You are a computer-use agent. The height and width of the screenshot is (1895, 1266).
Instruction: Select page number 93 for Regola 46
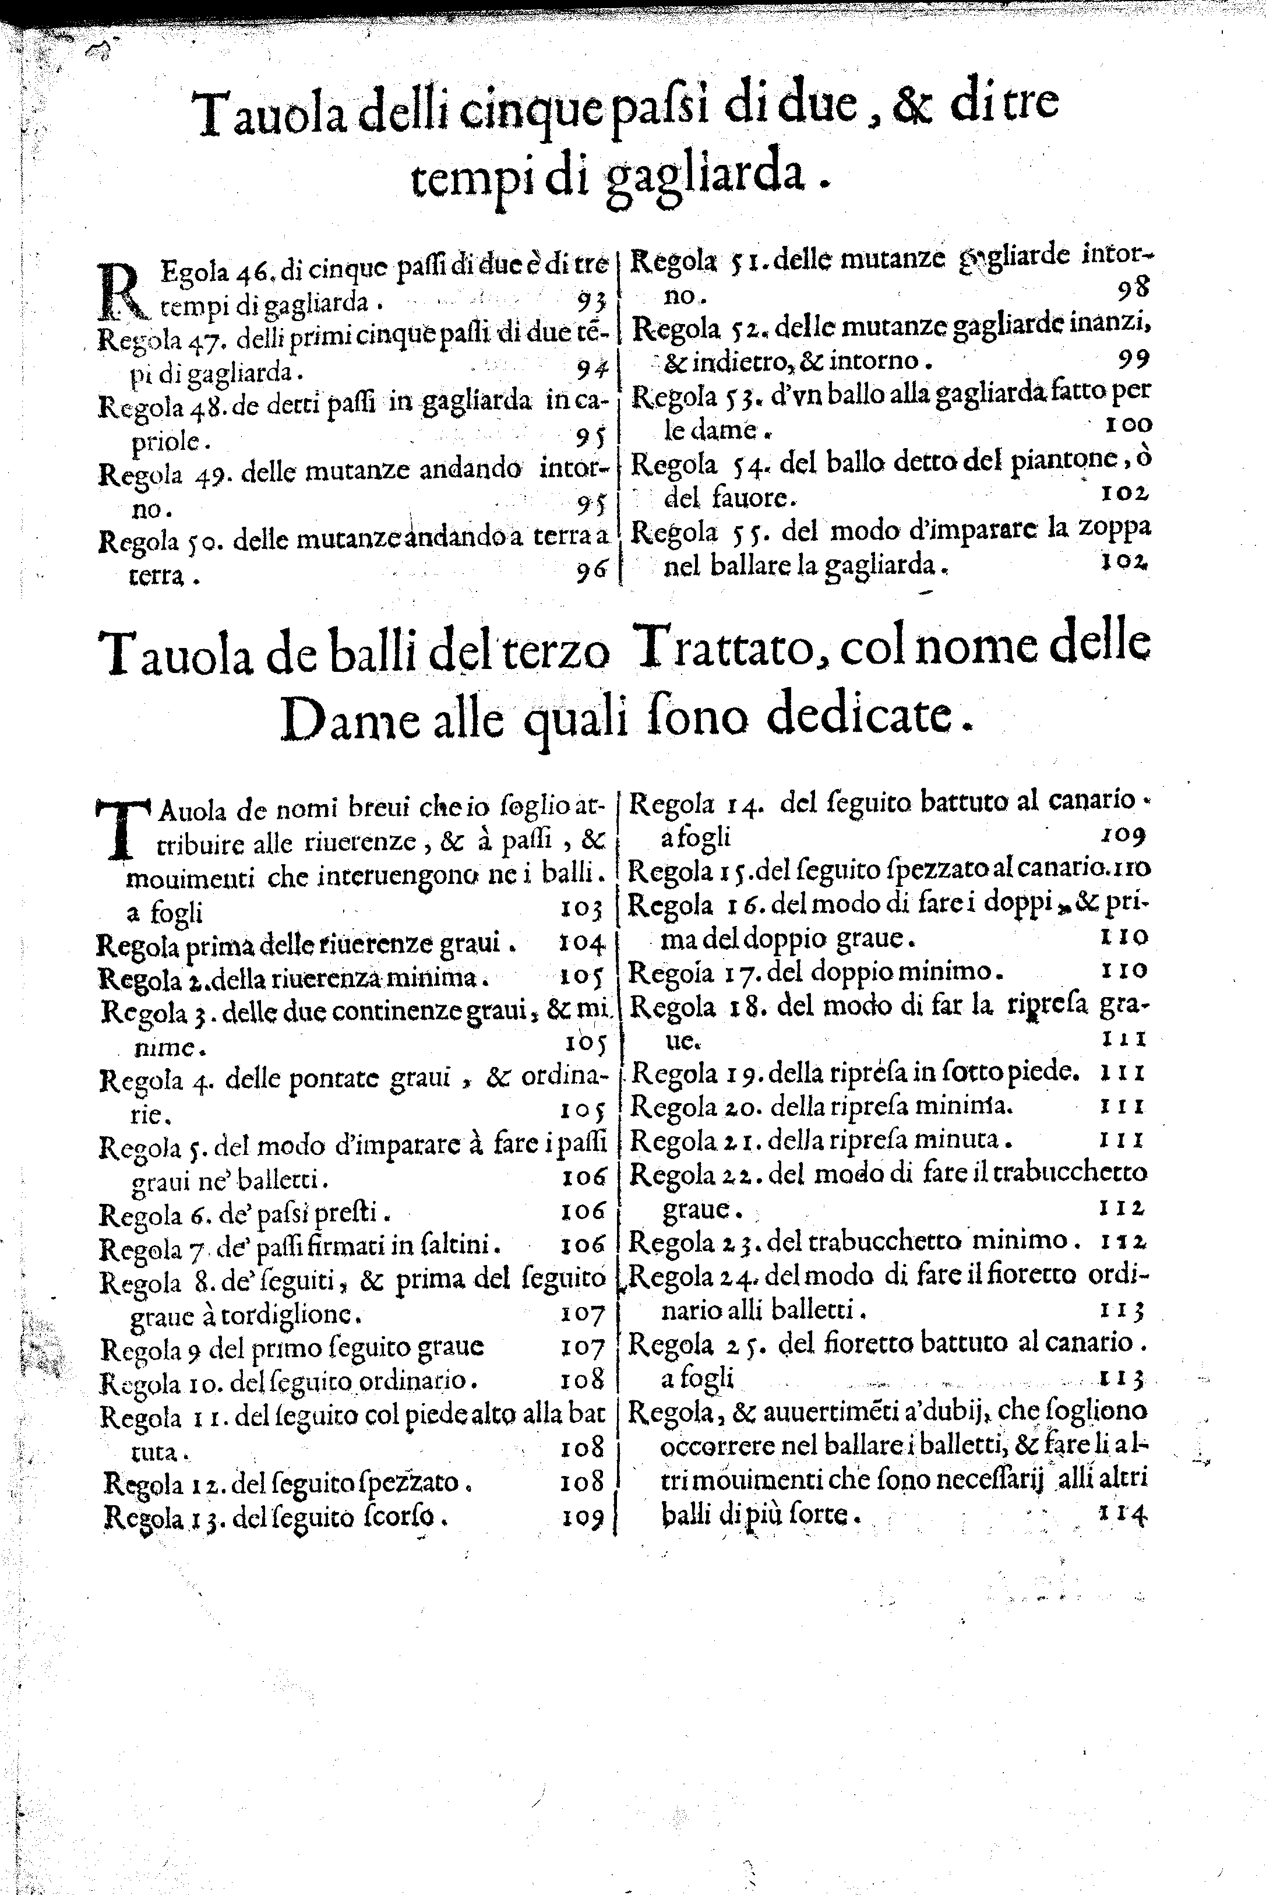tap(592, 301)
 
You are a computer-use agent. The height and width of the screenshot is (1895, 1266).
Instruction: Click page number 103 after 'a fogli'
tap(582, 910)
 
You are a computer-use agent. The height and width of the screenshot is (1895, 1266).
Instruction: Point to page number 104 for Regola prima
tap(581, 942)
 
